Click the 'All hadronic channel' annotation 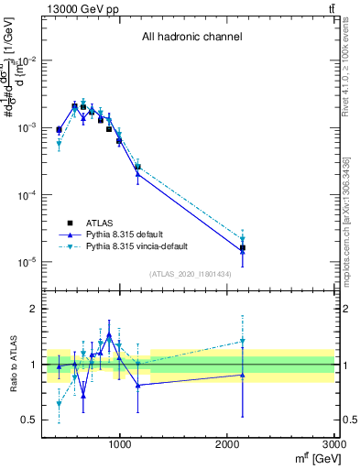191,38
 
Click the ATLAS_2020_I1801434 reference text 191,274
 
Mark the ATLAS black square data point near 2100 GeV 243,248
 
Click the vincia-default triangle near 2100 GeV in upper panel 243,240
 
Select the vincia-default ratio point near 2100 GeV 243,341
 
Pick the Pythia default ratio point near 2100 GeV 243,375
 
